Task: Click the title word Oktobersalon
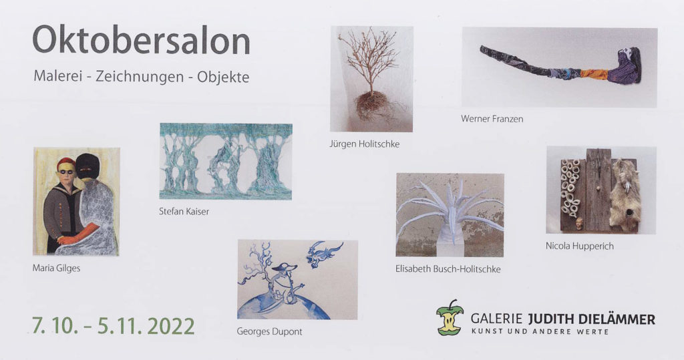point(141,39)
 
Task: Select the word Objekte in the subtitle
point(223,77)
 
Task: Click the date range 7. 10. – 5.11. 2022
point(113,326)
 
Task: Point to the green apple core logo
point(450,317)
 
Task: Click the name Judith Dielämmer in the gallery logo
point(592,319)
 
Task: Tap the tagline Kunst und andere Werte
point(540,332)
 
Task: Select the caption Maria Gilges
point(56,268)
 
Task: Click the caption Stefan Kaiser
point(184,211)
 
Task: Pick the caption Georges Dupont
point(269,331)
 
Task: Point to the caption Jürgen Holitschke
point(364,144)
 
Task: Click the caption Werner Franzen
point(492,119)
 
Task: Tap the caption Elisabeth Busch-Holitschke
point(448,268)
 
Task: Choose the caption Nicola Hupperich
point(579,246)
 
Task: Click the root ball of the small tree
point(371,105)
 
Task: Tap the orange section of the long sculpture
point(594,74)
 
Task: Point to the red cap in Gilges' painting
point(66,163)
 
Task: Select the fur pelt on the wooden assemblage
point(625,194)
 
